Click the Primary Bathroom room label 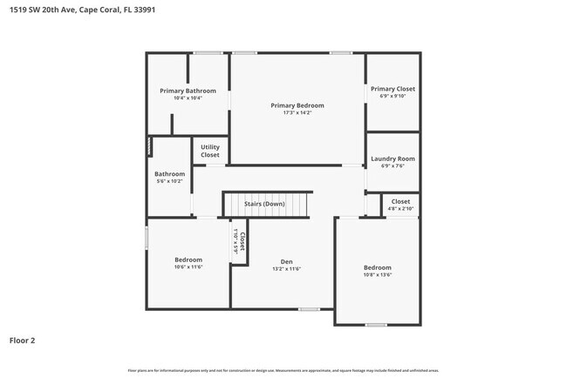[x=188, y=91]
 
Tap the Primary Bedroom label [x=297, y=105]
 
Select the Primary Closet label [x=393, y=89]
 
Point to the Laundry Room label [x=393, y=159]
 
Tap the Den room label [x=286, y=261]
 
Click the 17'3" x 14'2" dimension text [x=297, y=113]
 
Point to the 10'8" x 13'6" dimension [x=377, y=275]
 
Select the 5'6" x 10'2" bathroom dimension [x=169, y=181]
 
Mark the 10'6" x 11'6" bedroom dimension [x=188, y=267]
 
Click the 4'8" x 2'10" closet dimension [x=400, y=209]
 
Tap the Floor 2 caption [x=22, y=341]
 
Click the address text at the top [x=84, y=11]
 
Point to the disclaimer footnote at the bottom [x=284, y=370]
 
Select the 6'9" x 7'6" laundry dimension [x=393, y=166]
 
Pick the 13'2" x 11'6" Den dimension [x=286, y=269]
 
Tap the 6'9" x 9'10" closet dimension [x=393, y=97]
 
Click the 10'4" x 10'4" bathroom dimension [x=188, y=98]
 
